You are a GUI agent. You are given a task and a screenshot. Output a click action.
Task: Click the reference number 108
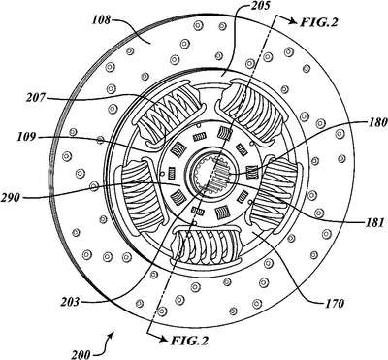[101, 21]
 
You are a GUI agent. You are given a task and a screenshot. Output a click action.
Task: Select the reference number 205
[257, 6]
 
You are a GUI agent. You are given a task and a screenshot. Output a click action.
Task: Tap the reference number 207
[35, 97]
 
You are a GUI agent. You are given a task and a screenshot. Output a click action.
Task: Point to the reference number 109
[28, 137]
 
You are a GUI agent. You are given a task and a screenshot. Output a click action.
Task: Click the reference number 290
[11, 197]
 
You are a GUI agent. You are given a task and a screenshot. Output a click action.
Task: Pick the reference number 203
[70, 302]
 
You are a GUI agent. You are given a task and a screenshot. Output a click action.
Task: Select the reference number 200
[81, 355]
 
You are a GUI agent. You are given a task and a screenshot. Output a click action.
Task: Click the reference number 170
[334, 304]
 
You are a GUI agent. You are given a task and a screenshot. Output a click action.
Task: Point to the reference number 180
[377, 122]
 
